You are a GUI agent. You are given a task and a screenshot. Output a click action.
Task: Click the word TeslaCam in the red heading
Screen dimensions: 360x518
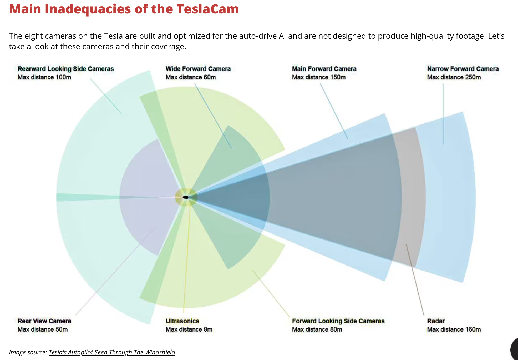click(x=207, y=9)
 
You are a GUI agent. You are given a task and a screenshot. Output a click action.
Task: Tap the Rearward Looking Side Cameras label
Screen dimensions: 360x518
click(x=65, y=69)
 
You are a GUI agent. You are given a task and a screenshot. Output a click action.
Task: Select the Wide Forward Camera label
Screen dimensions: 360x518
click(x=198, y=69)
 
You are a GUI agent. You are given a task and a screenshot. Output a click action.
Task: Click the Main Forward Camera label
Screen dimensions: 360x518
click(x=324, y=69)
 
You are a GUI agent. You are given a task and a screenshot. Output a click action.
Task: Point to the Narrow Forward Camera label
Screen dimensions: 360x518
click(x=463, y=69)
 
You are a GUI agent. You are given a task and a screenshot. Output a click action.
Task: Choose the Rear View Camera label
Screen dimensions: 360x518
click(x=44, y=321)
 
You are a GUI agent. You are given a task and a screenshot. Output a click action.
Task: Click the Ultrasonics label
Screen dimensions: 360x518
click(x=182, y=321)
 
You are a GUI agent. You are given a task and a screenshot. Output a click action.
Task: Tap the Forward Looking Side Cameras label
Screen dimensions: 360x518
click(x=338, y=321)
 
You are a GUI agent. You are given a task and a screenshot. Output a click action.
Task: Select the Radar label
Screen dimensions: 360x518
click(x=436, y=321)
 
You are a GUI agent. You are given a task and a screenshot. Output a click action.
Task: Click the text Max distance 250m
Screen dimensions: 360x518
click(x=454, y=77)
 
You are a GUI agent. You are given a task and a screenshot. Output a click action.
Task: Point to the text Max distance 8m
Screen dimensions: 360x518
click(x=189, y=329)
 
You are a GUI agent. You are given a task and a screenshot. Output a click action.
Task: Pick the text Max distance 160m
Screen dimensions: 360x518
click(x=454, y=329)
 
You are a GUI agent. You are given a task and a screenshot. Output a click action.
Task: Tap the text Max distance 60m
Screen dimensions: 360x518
click(x=191, y=77)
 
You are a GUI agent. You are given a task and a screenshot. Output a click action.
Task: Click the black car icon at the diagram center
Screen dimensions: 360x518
click(x=186, y=197)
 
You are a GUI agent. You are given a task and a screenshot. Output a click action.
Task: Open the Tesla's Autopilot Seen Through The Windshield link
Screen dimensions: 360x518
click(x=112, y=352)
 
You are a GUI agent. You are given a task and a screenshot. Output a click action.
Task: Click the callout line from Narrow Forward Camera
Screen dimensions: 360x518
click(x=443, y=113)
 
